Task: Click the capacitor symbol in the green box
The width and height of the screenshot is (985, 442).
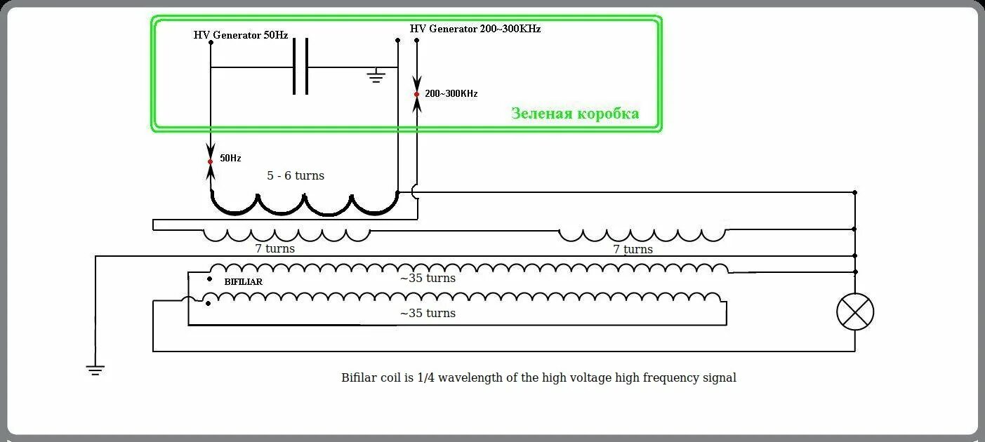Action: point(300,67)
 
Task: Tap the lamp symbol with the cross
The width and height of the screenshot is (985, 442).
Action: point(855,312)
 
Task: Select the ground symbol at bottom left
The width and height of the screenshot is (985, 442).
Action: point(95,369)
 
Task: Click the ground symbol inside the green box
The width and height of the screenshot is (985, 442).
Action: point(377,75)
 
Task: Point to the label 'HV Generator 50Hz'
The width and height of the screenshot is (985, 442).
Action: point(241,35)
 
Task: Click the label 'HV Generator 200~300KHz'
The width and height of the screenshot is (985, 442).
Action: point(475,29)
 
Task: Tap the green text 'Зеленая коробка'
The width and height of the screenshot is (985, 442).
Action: point(575,114)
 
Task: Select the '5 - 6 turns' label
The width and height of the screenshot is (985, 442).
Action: point(296,175)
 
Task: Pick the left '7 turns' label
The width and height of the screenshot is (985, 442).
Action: point(275,248)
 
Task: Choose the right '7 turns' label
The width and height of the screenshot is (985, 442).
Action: point(633,249)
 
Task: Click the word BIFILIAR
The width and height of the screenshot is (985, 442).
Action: point(244,282)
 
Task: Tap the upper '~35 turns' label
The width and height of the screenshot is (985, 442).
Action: point(428,278)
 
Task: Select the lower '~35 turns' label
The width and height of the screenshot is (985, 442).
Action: point(428,313)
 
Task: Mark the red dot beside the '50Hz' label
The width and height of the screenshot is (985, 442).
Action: point(210,161)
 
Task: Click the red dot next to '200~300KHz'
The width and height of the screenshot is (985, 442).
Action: point(417,94)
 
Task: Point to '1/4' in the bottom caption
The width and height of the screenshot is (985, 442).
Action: point(426,377)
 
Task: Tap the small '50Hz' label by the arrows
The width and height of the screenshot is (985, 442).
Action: point(230,159)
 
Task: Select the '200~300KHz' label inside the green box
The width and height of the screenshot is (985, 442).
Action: point(451,93)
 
